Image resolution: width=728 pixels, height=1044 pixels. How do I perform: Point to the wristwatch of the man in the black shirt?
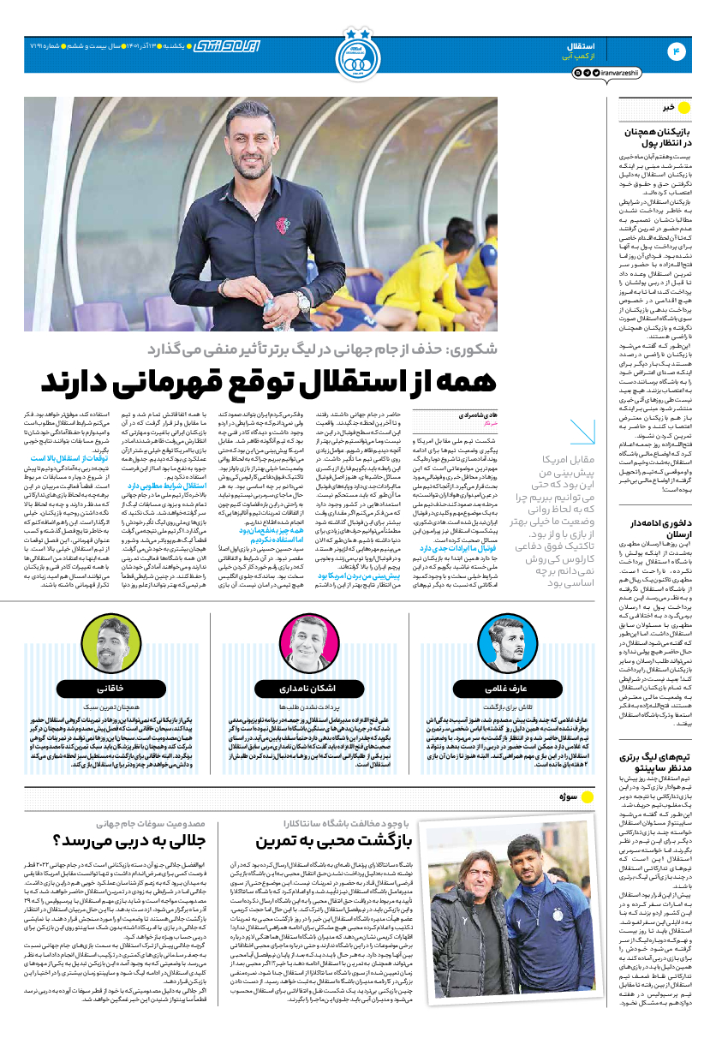303,301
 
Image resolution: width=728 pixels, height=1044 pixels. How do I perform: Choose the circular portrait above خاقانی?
102,635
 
